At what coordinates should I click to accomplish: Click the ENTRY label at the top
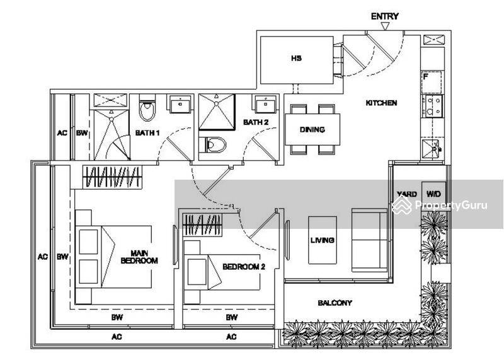(385, 16)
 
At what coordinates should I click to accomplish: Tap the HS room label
(296, 58)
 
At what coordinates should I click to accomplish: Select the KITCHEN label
(381, 103)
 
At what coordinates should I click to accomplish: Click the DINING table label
(312, 130)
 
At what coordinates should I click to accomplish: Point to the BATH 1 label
(147, 132)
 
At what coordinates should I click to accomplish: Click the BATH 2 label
(256, 122)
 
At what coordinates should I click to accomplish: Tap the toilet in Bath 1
(147, 108)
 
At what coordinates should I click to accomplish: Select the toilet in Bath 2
(212, 144)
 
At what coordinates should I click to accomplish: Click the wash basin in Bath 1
(180, 104)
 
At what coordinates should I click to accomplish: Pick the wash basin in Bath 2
(265, 104)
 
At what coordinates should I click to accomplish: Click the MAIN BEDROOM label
(139, 257)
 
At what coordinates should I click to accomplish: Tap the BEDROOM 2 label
(244, 267)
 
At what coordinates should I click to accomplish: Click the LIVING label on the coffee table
(323, 240)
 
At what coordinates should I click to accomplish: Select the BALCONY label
(335, 303)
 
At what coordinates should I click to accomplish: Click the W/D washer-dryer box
(433, 194)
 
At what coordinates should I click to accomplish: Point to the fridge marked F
(432, 83)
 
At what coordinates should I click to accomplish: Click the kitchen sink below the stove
(432, 149)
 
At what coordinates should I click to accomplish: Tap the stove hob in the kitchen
(432, 107)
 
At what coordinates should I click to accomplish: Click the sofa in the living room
(370, 240)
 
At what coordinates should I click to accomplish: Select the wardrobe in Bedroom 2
(202, 225)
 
